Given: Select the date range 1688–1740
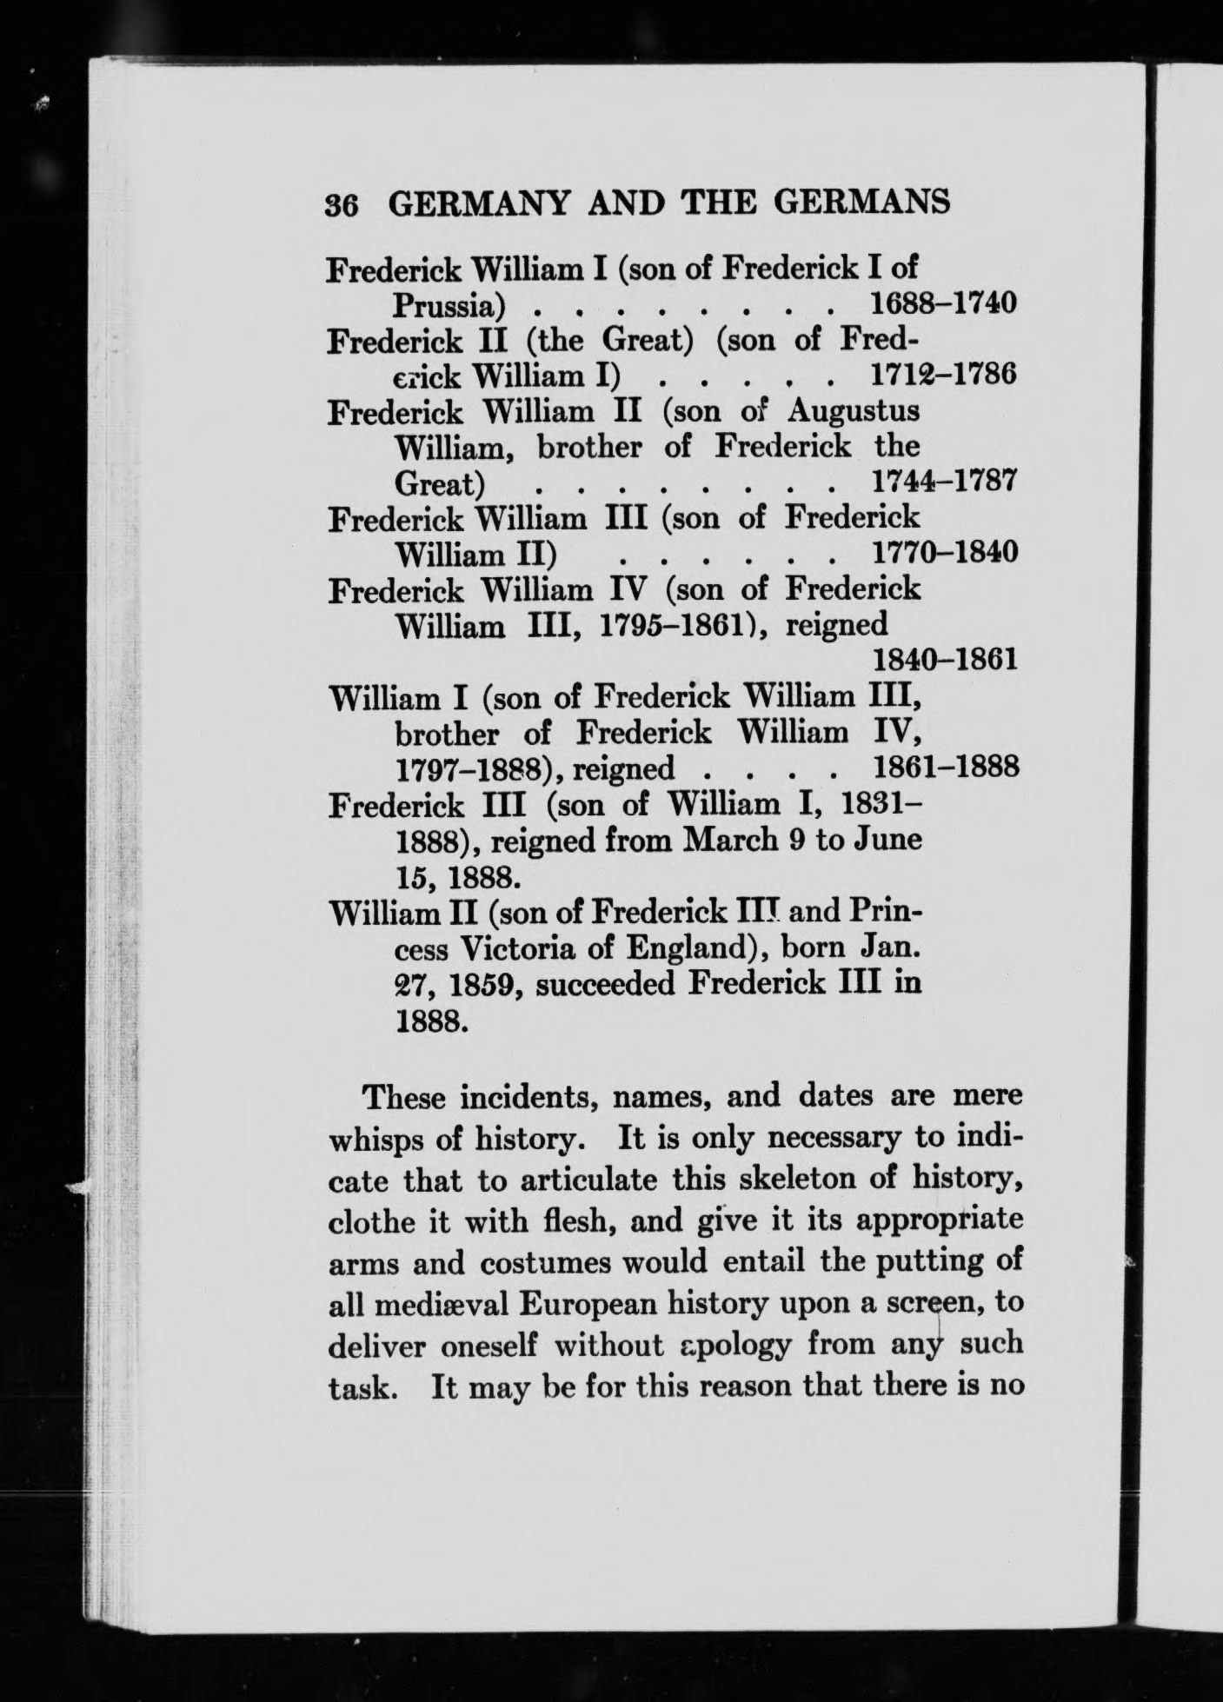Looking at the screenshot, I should point(942,304).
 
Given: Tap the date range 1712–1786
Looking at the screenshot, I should point(942,376).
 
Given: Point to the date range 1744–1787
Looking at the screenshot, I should point(942,481).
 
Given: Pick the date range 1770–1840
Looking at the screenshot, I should point(942,552).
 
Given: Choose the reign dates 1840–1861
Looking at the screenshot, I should point(942,661).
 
